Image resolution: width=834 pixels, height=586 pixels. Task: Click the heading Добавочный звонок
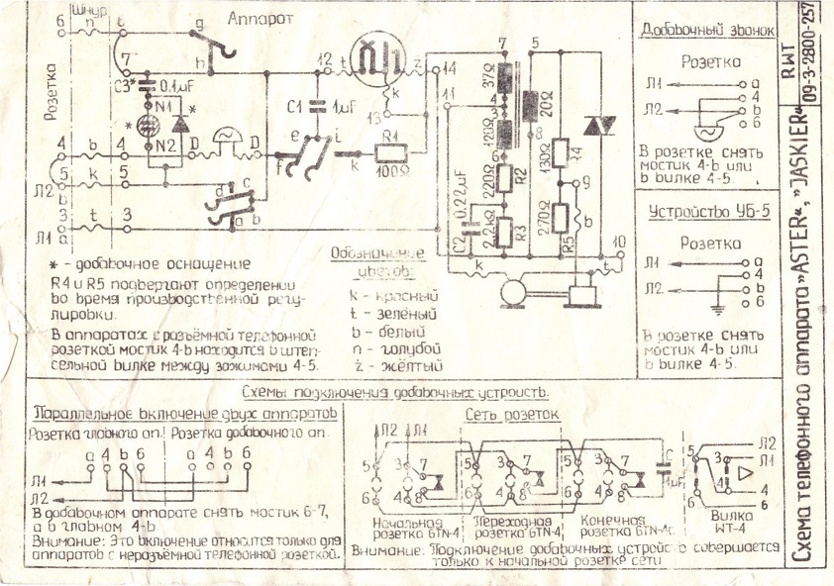pyautogui.click(x=705, y=29)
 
